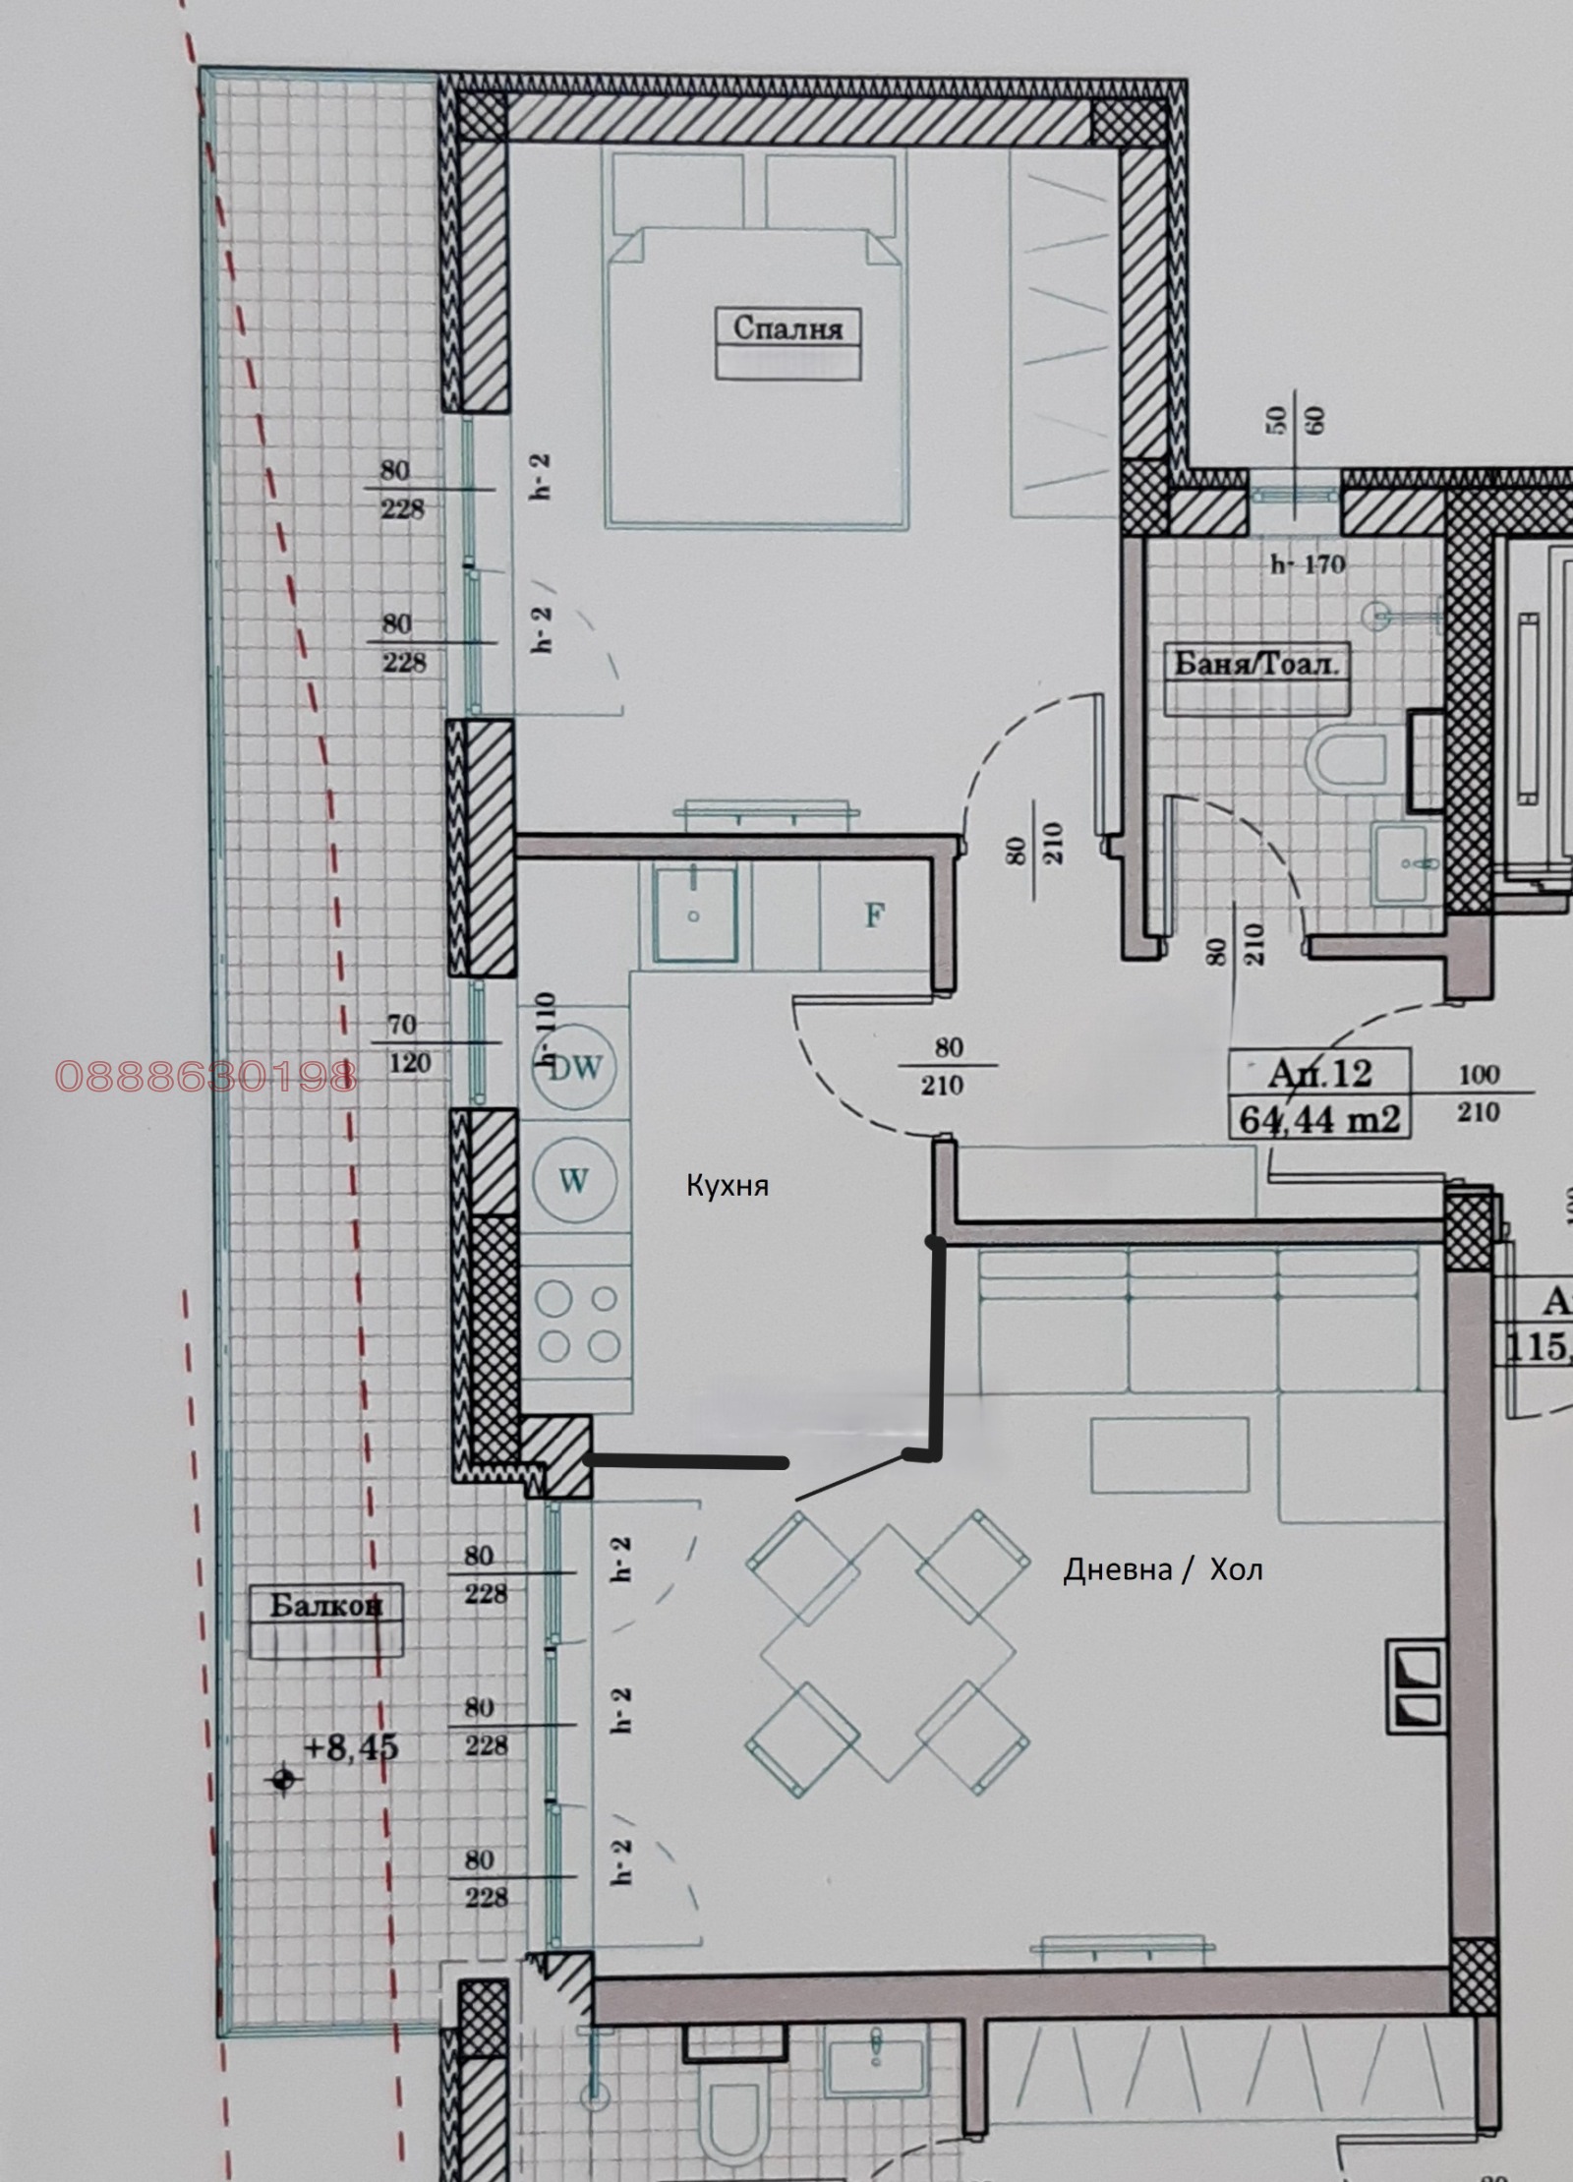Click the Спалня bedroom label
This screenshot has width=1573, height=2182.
[x=787, y=327]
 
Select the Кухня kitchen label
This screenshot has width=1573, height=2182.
[x=728, y=1186]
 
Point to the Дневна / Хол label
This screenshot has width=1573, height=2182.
[x=1162, y=1569]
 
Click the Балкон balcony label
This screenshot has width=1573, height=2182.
[x=325, y=1606]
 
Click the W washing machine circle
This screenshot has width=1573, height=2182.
[x=574, y=1179]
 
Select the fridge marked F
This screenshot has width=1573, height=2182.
[x=874, y=915]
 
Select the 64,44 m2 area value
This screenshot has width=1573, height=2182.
[x=1319, y=1119]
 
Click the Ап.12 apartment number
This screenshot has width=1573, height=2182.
[x=1319, y=1073]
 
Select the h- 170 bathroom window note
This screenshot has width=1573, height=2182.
[x=1308, y=564]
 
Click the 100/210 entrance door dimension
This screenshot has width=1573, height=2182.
[x=1479, y=1092]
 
